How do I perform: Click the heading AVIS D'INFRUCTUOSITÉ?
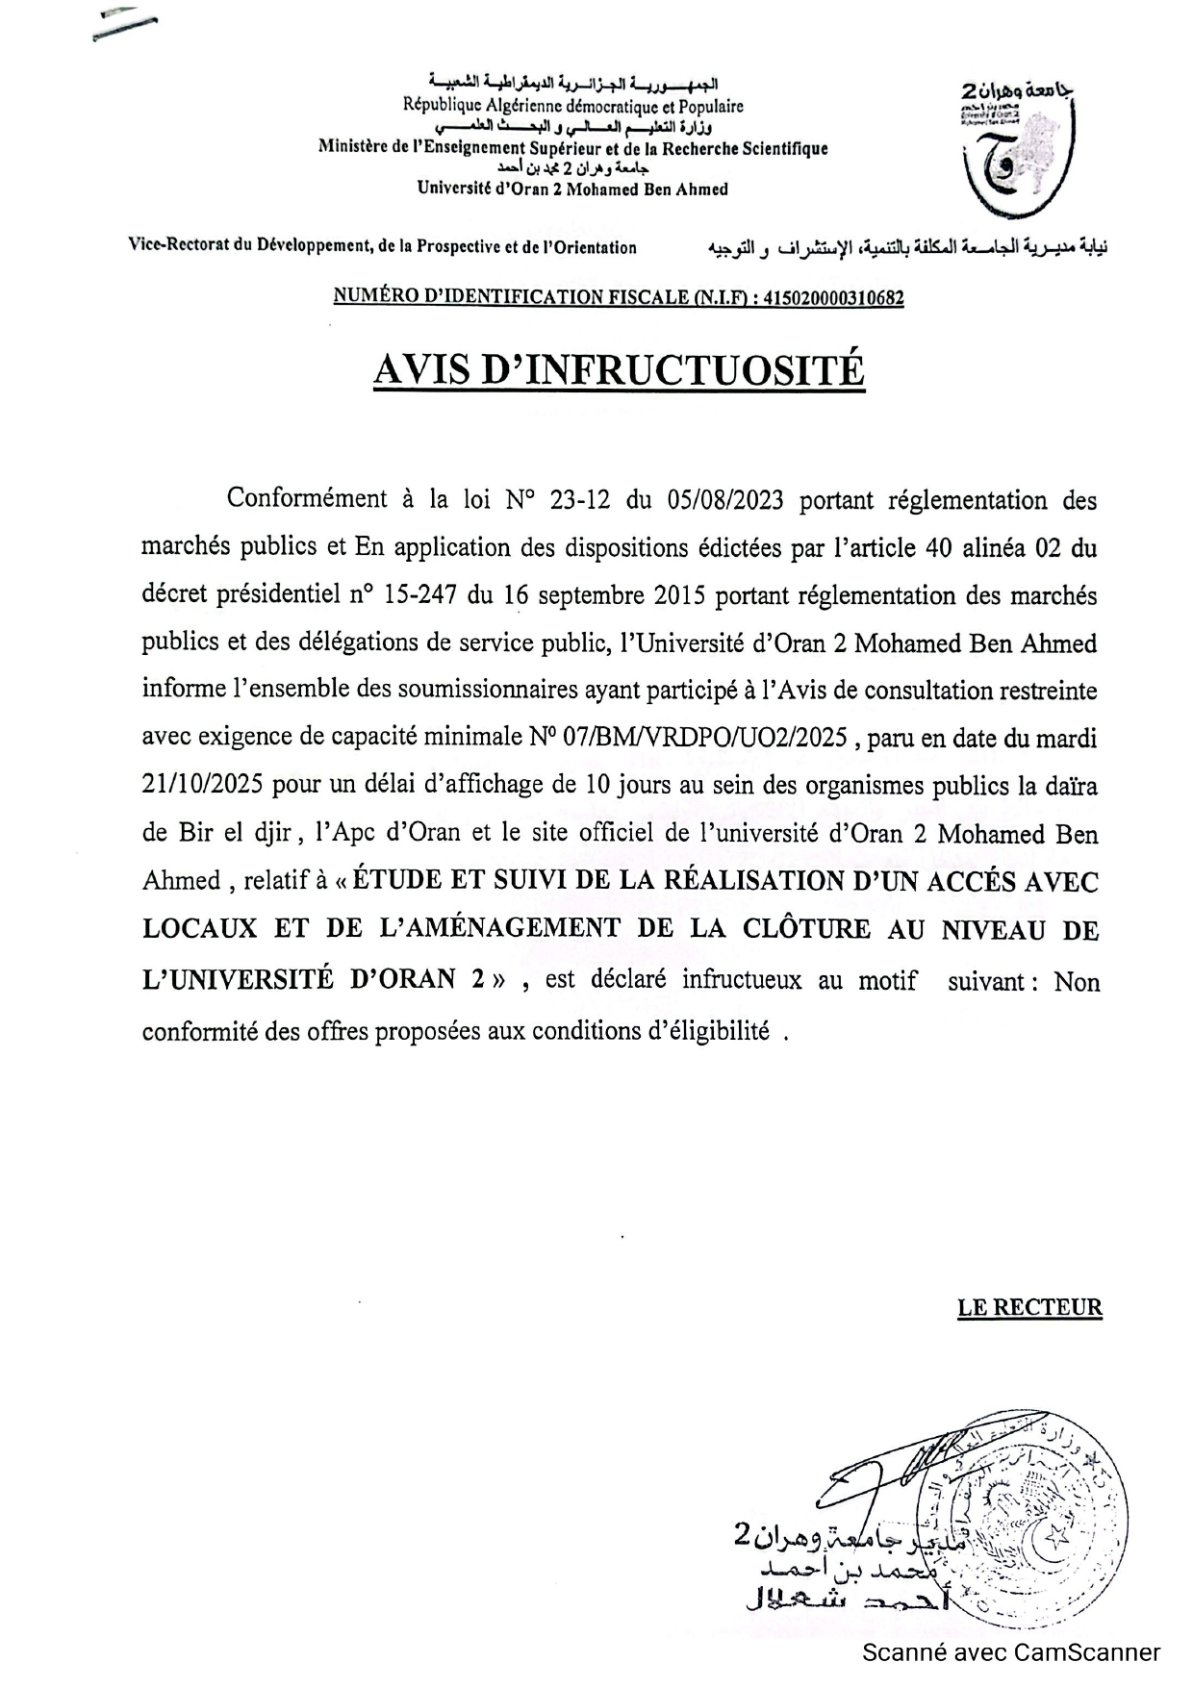click(619, 369)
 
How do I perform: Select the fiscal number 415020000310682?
click(833, 298)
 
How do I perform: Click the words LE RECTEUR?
click(1029, 1307)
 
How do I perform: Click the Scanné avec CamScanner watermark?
click(1011, 1653)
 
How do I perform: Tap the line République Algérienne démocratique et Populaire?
click(573, 107)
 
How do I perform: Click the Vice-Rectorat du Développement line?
click(383, 247)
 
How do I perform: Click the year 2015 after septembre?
click(680, 595)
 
